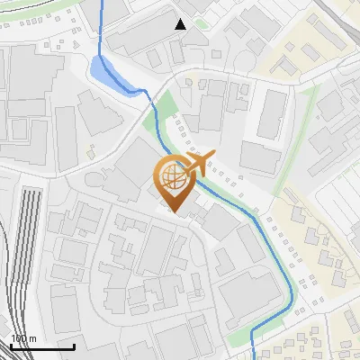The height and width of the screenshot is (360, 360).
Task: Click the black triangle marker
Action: click(181, 24)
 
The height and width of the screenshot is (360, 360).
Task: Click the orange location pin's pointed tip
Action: click(174, 212)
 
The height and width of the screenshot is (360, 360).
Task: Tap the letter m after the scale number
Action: click(33, 338)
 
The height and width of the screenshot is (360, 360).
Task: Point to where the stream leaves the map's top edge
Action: click(102, 2)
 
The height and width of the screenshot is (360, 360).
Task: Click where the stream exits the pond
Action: click(144, 91)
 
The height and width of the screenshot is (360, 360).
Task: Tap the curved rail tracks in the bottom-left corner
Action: click(9, 315)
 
